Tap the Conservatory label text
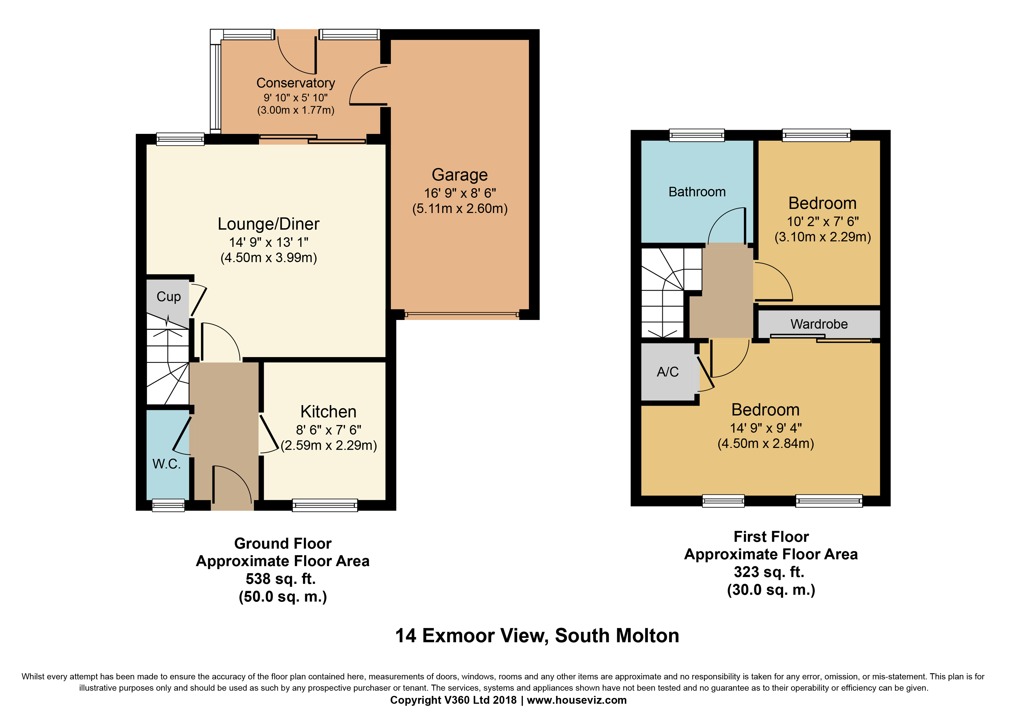pos(296,83)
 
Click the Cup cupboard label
pos(168,297)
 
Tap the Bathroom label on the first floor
pos(697,192)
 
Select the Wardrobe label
pos(819,324)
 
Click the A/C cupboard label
pos(668,372)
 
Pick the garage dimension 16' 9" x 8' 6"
pos(460,193)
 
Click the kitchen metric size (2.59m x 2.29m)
pos(329,445)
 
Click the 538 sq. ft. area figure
pos(281,579)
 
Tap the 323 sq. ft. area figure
pos(769,572)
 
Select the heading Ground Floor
pos(283,543)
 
